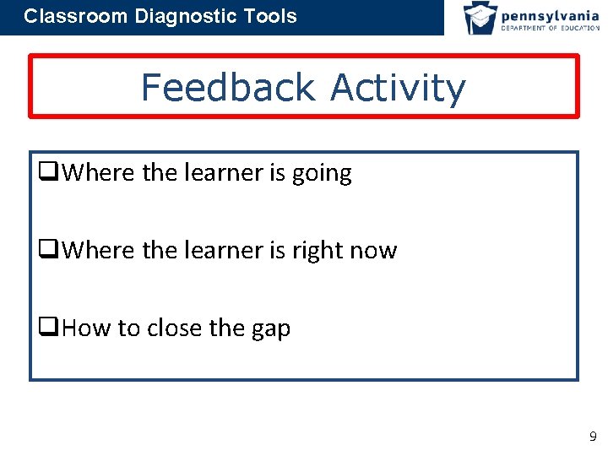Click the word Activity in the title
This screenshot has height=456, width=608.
[x=398, y=89]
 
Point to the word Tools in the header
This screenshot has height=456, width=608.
[x=269, y=16]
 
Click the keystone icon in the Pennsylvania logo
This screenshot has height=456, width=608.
[x=480, y=18]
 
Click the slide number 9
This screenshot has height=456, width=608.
[x=592, y=437]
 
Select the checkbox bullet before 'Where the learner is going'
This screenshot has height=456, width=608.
[x=47, y=173]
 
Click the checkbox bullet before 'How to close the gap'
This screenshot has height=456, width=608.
[x=47, y=328]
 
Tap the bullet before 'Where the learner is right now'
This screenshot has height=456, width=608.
[x=47, y=251]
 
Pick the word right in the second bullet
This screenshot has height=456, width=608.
[x=320, y=252]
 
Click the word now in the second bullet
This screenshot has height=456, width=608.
[x=375, y=252]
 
